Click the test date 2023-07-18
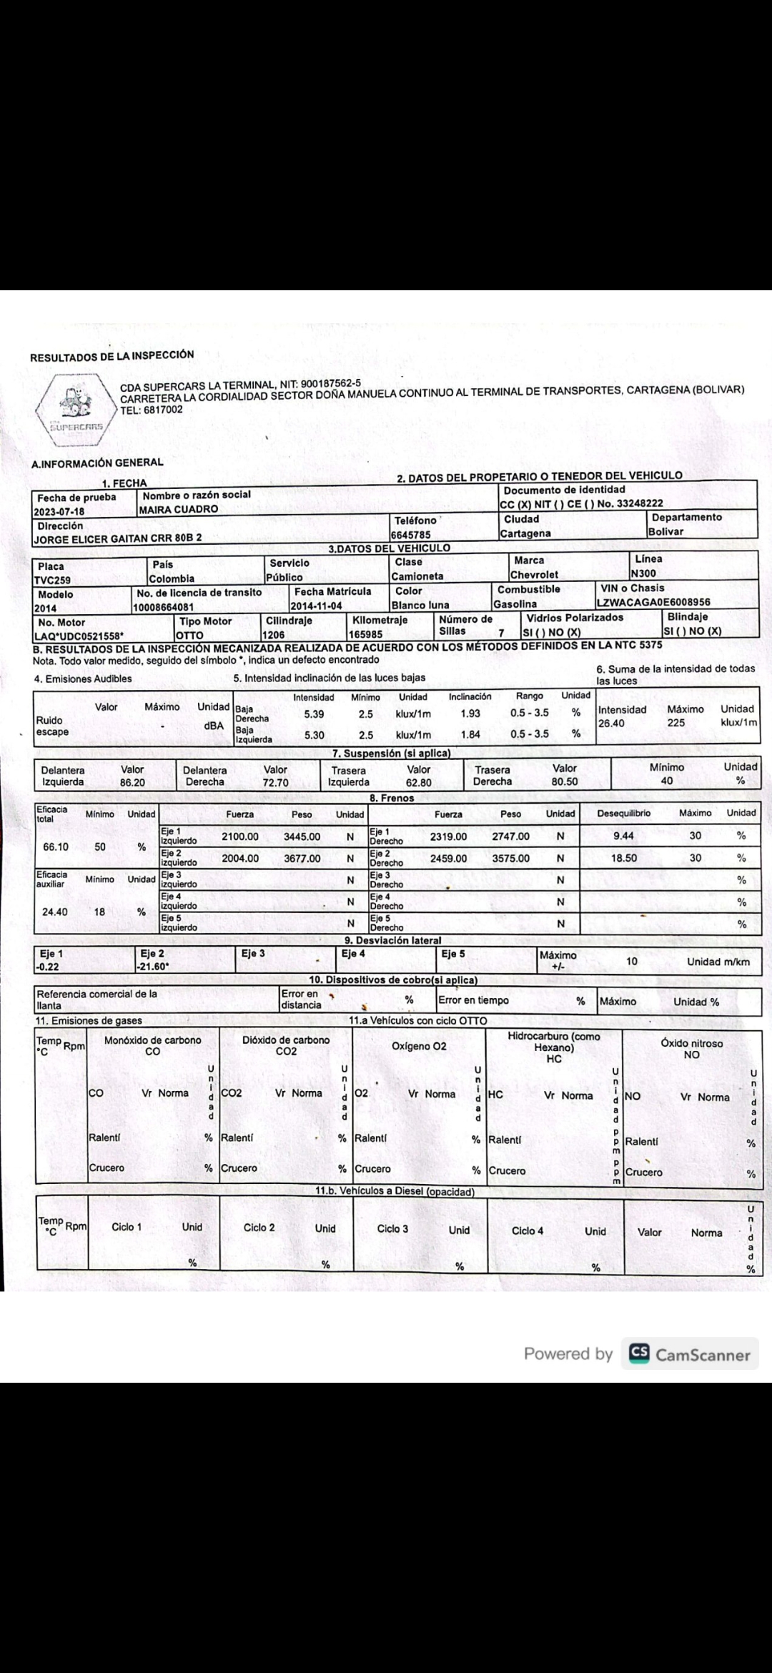tap(59, 512)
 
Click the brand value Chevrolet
tap(534, 575)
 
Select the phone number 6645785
tap(410, 534)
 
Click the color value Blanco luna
tap(420, 605)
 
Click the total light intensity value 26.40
tap(612, 723)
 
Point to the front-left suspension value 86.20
tap(132, 782)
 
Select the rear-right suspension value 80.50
tap(565, 782)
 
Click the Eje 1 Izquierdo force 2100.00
tap(240, 836)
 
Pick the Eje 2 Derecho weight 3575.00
tap(510, 858)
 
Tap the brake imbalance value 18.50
tap(624, 858)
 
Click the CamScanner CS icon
tap(638, 1353)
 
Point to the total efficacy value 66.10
tap(56, 847)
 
